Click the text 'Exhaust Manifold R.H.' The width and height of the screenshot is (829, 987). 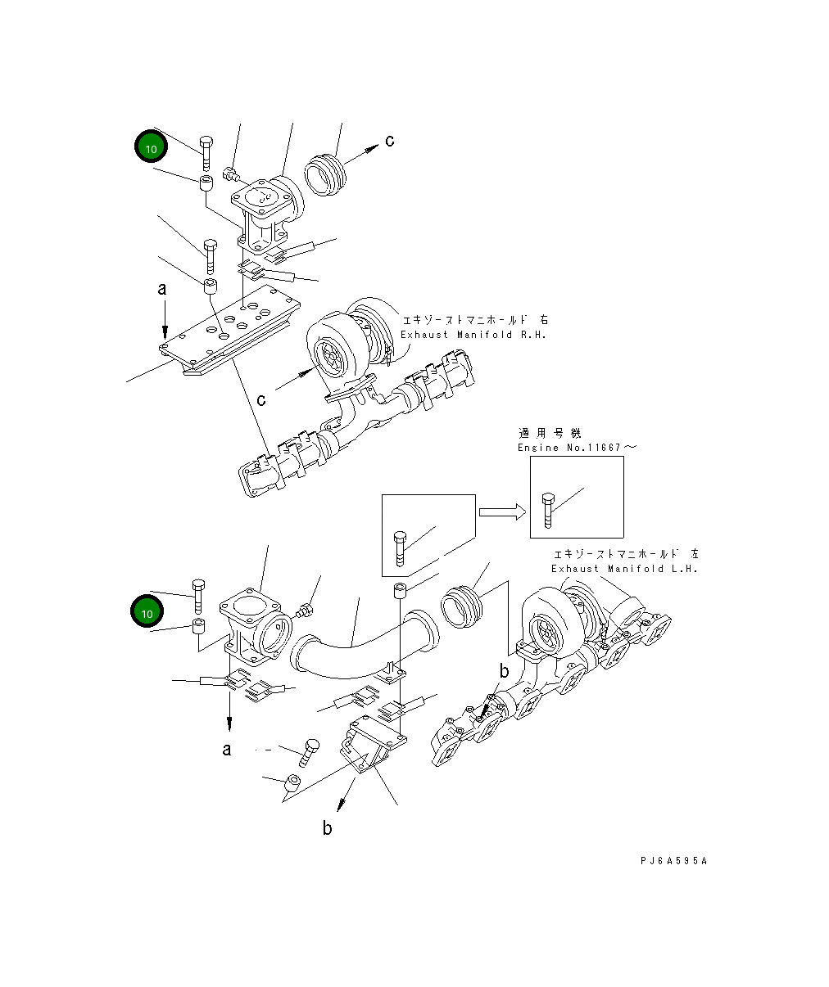[473, 335]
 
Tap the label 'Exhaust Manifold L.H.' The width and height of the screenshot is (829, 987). [624, 569]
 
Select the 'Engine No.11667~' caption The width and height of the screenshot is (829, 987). [576, 448]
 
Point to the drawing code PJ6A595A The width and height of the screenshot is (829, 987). [673, 861]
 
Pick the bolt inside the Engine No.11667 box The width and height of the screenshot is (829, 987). [548, 510]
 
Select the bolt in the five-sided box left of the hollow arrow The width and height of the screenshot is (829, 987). [399, 548]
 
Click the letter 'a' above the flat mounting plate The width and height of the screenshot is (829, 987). [162, 289]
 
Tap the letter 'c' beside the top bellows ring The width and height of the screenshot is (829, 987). [390, 141]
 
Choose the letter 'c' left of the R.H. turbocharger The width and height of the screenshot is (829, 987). [261, 399]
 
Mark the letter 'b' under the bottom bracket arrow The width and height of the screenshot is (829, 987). [328, 829]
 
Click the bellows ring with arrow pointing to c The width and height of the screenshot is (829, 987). [324, 174]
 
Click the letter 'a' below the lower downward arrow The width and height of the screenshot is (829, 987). [227, 749]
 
